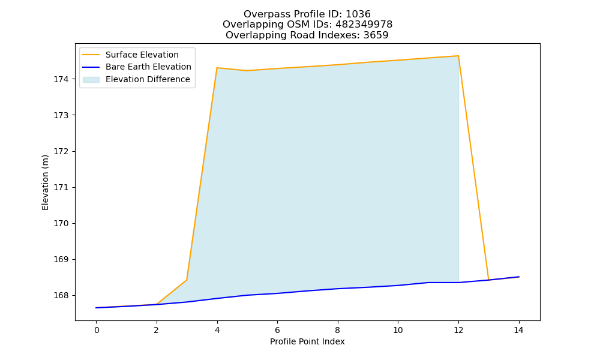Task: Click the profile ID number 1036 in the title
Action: (x=358, y=14)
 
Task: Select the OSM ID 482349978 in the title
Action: (x=364, y=25)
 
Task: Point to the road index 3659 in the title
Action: (x=376, y=35)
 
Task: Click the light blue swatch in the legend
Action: (x=91, y=80)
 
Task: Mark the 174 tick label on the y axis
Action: (x=61, y=80)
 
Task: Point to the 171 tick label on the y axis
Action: (x=61, y=187)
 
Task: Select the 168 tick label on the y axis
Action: (x=61, y=296)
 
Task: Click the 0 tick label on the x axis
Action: (x=97, y=330)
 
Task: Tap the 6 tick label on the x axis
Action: (x=277, y=330)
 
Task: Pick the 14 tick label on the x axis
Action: (x=518, y=330)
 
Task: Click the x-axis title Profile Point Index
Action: (x=307, y=341)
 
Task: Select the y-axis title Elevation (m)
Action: (x=45, y=182)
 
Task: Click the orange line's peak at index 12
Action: (x=458, y=56)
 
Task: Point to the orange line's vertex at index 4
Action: (x=217, y=68)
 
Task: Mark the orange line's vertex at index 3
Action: (x=187, y=280)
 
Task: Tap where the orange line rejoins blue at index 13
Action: (x=488, y=280)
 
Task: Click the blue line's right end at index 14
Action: (x=519, y=277)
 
